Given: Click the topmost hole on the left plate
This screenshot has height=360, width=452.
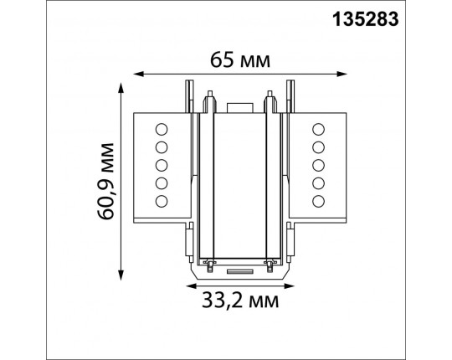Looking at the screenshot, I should [162, 128].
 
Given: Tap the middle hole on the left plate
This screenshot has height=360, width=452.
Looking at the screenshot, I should [162, 164].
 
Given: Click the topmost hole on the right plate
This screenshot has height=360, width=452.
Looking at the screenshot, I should [317, 128].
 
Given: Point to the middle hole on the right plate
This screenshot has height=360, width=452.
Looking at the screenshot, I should [317, 164].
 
